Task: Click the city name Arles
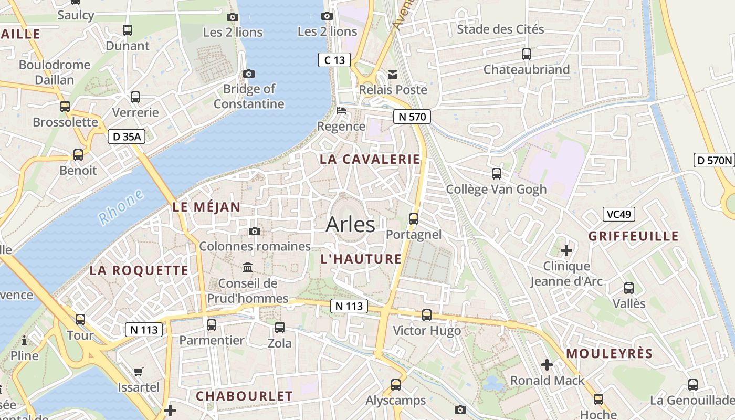point(350,225)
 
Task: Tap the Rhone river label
point(121,207)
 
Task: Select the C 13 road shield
point(334,60)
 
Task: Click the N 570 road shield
point(412,117)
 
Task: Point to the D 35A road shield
point(126,137)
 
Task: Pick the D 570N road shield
point(714,160)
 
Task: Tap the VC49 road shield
point(618,214)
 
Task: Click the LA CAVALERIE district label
point(370,160)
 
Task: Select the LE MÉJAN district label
point(206,207)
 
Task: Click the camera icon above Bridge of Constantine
point(249,74)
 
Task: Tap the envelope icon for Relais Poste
point(393,75)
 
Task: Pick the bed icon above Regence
point(341,111)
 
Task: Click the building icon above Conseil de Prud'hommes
point(248,268)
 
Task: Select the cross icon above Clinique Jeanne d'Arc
point(566,250)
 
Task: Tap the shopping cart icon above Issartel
point(139,372)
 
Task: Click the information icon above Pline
point(24,341)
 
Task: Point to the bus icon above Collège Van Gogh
point(496,174)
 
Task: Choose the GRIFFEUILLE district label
point(634,236)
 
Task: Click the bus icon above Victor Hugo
point(427,315)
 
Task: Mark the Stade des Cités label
point(500,29)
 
